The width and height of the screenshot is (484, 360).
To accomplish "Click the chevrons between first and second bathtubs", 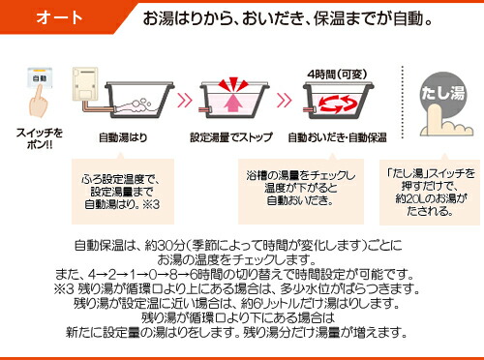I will [181, 98].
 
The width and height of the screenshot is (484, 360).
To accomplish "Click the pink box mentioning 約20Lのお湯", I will [430, 186].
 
